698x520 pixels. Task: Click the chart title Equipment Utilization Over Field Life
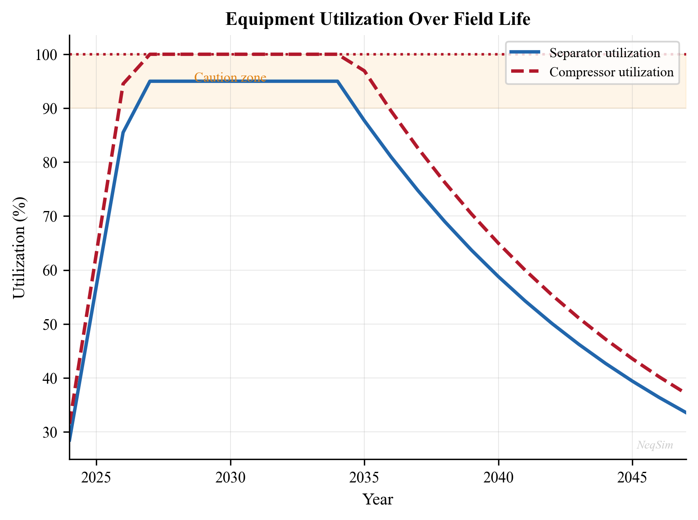(x=378, y=20)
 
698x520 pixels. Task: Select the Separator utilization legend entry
(x=605, y=53)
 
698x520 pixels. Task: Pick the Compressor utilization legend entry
(x=611, y=72)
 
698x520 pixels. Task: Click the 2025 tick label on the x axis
(x=96, y=478)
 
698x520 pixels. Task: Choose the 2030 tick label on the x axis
(x=230, y=478)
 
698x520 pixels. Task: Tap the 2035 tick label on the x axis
(x=364, y=478)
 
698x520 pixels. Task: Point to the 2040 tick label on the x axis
(x=498, y=478)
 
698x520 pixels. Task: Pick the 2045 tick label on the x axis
(x=632, y=478)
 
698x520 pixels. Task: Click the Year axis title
(x=378, y=500)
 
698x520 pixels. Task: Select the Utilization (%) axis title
(x=19, y=247)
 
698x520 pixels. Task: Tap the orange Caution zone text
(x=230, y=78)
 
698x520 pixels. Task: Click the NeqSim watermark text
(x=655, y=445)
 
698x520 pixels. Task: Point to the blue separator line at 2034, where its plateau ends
(x=337, y=82)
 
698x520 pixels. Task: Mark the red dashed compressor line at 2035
(x=364, y=71)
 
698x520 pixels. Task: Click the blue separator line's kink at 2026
(x=123, y=133)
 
